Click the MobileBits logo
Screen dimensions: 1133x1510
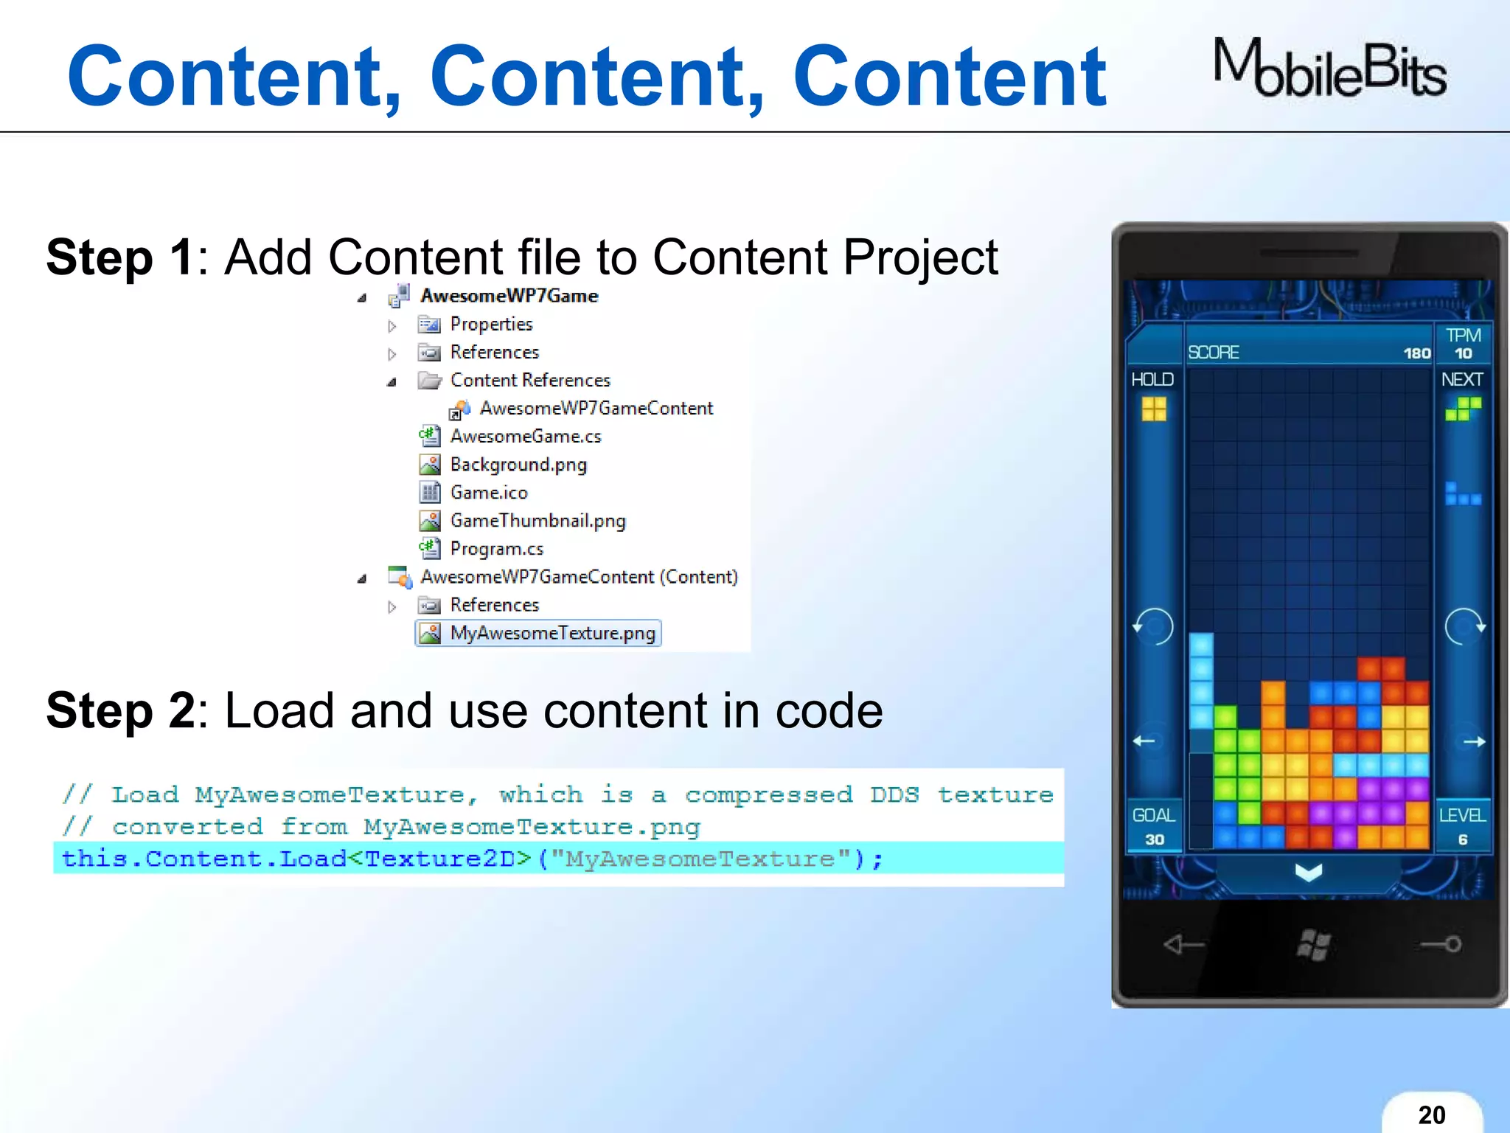coord(1329,69)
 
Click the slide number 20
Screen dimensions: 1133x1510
coord(1431,1115)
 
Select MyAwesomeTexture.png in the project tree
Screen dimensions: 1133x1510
coord(552,633)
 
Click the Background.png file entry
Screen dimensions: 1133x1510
coord(518,465)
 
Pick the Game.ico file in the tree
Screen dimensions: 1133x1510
coord(488,493)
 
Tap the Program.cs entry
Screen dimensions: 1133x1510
coord(496,549)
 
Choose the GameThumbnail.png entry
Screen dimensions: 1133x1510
coord(537,521)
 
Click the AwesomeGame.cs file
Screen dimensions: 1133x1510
coord(525,437)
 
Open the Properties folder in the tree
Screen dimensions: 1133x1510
coord(491,324)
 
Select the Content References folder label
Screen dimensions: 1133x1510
coord(530,381)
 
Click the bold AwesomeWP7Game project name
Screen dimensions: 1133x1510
coord(509,296)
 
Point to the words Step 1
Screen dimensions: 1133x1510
coord(120,257)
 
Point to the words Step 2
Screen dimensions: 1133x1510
coord(120,710)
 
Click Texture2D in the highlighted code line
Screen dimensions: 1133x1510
coord(448,859)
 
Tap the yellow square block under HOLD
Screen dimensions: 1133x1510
coord(1154,409)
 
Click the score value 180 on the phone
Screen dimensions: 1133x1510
coord(1416,353)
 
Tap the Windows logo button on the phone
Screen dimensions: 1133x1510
coord(1313,944)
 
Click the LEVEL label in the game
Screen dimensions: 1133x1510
coord(1462,815)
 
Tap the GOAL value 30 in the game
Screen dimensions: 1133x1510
coord(1154,839)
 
